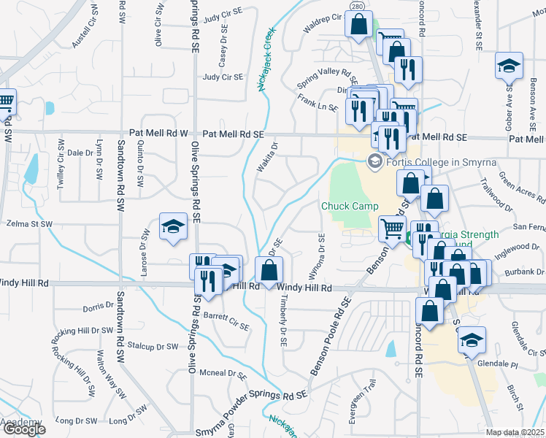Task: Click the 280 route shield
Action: tap(356, 7)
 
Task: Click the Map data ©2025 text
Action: tap(515, 432)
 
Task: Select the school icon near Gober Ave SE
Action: tap(509, 67)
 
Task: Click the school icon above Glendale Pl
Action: tap(472, 339)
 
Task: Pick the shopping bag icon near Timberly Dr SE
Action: tap(269, 271)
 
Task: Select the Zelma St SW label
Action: tap(28, 224)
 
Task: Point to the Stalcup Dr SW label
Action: tap(153, 346)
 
